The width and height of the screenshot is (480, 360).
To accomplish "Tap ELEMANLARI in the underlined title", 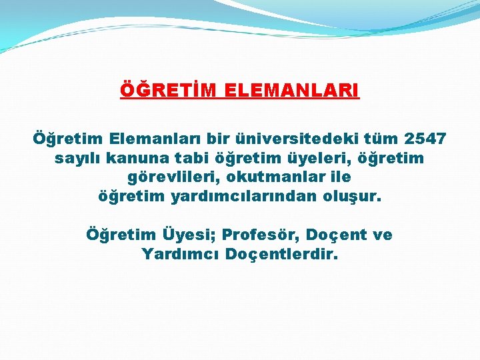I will pos(283,90).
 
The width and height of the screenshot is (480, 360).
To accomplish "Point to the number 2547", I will pos(425,139).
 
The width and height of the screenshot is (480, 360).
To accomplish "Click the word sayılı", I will pos(75,159).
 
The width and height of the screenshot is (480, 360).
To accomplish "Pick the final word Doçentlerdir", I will pos(282,255).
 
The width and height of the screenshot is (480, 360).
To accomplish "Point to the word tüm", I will pos(380,139).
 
